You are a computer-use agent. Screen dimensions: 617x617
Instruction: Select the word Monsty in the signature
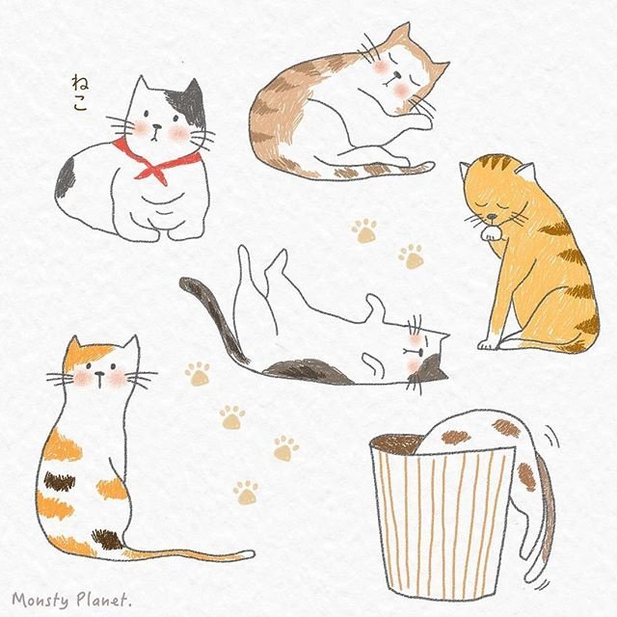pyautogui.click(x=40, y=600)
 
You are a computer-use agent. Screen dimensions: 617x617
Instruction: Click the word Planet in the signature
pyautogui.click(x=100, y=600)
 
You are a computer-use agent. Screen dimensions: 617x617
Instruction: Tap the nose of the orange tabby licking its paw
pyautogui.click(x=492, y=216)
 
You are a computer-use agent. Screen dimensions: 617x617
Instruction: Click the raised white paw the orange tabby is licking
pyautogui.click(x=491, y=233)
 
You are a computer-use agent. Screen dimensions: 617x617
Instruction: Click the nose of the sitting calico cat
pyautogui.click(x=99, y=373)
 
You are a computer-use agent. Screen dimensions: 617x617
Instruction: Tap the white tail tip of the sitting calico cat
pyautogui.click(x=248, y=555)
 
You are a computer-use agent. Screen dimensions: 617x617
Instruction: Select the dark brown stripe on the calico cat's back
pyautogui.click(x=59, y=481)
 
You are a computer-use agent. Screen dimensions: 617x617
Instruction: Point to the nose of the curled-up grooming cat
pyautogui.click(x=398, y=74)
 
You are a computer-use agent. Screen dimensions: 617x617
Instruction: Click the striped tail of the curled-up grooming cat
pyautogui.click(x=378, y=170)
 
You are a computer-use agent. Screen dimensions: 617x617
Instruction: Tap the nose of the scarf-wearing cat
pyautogui.click(x=157, y=126)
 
